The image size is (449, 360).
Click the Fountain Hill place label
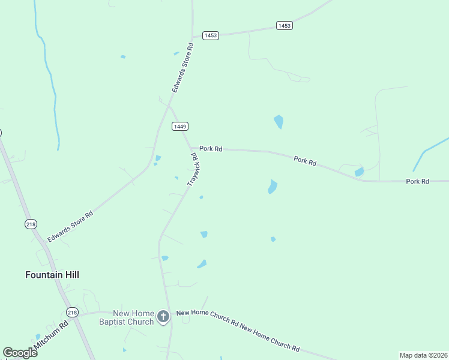click(x=52, y=275)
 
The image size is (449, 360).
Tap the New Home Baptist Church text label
click(x=126, y=317)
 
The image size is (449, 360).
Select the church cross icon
click(x=163, y=316)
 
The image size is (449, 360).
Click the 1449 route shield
click(x=180, y=126)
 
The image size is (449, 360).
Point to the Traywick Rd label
click(x=193, y=169)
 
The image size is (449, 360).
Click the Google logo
click(x=20, y=353)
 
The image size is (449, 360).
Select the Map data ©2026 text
click(x=423, y=355)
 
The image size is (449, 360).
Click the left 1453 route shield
click(x=211, y=36)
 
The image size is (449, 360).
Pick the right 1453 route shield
click(x=285, y=25)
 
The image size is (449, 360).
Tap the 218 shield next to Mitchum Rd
click(x=73, y=313)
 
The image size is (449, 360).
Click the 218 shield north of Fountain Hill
click(x=31, y=224)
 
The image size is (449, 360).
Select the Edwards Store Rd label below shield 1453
click(x=182, y=67)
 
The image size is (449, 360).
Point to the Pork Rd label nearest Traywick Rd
click(x=211, y=148)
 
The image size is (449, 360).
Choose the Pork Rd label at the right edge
click(x=417, y=181)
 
